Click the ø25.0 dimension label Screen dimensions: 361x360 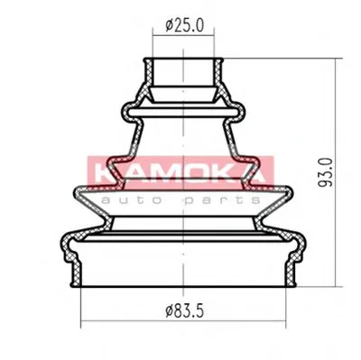point(185,25)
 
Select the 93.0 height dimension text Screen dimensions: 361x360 point(325,172)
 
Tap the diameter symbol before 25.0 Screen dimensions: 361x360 point(169,25)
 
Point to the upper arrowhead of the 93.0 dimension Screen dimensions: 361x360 point(336,61)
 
